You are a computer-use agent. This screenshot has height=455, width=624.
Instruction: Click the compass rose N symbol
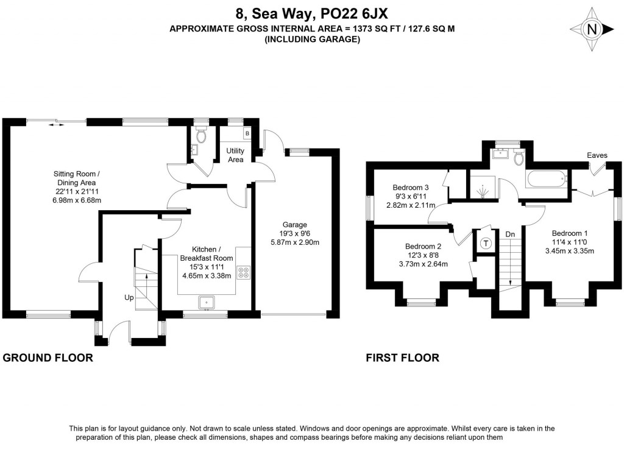(590, 29)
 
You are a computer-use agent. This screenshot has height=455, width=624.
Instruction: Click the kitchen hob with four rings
(244, 272)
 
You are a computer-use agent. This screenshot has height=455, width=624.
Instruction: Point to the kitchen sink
(206, 301)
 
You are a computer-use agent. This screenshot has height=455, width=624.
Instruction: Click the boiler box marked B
(247, 132)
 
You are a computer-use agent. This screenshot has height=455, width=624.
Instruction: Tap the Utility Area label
(235, 155)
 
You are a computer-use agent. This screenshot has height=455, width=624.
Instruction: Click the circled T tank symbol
(486, 244)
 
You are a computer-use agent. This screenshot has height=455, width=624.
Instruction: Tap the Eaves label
(597, 155)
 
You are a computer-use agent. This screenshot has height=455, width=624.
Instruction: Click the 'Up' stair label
(129, 298)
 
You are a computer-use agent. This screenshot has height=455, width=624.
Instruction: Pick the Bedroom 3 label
(411, 188)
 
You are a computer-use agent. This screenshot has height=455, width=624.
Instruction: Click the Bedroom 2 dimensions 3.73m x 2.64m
(423, 264)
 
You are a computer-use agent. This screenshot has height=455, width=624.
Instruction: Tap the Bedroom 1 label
(570, 233)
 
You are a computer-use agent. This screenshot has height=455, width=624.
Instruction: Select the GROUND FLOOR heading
(48, 358)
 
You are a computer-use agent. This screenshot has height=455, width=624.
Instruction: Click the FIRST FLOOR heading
(402, 358)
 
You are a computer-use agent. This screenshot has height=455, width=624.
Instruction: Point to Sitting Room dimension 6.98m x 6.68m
(77, 200)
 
